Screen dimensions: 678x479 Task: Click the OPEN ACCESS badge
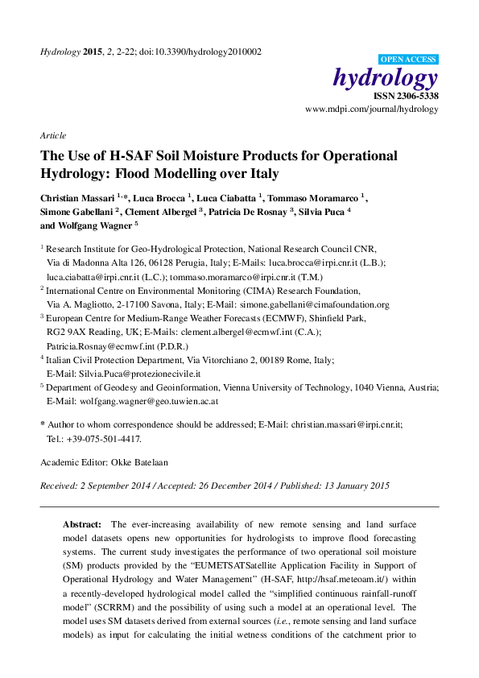click(x=408, y=59)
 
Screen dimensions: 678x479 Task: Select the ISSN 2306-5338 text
click(x=405, y=96)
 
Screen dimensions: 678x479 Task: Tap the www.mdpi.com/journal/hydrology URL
click(x=372, y=108)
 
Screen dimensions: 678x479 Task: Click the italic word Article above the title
click(x=53, y=135)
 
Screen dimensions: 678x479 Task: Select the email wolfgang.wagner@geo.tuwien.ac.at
click(x=154, y=400)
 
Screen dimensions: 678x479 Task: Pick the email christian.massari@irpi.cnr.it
click(x=346, y=424)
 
